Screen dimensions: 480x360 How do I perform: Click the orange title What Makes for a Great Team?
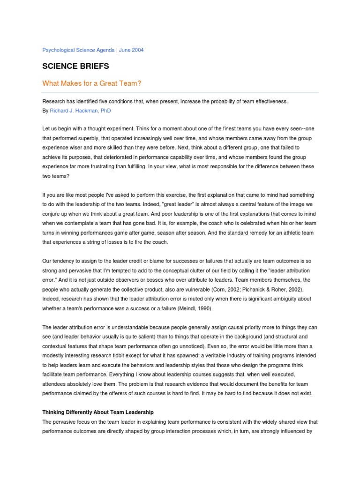pyautogui.click(x=92, y=83)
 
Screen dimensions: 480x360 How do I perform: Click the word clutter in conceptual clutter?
pyautogui.click(x=197, y=271)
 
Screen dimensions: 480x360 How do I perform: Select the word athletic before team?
pyautogui.click(x=287, y=232)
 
